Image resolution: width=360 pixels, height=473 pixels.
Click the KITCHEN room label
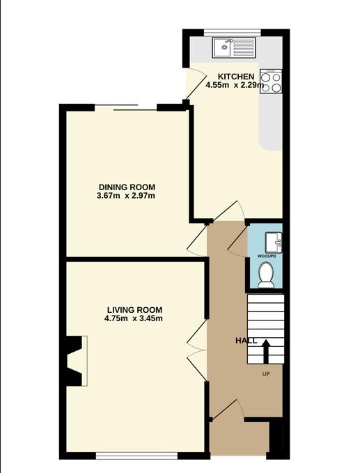coord(236,77)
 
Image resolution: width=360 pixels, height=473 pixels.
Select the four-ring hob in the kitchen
coord(271,81)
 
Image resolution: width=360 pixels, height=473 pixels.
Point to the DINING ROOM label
coord(127,187)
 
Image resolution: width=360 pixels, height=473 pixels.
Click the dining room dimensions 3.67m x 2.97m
coord(126,196)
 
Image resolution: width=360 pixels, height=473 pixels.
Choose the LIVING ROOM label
coord(134,310)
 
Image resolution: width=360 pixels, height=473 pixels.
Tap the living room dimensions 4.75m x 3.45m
coord(134,318)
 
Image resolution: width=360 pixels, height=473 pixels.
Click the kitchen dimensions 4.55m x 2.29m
coord(235,85)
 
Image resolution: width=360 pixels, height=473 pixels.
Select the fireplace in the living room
coord(77,361)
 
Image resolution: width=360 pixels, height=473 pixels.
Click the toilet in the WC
coord(266,274)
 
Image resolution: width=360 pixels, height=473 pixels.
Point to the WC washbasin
coord(274,242)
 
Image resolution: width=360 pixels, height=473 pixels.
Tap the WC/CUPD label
coord(267,256)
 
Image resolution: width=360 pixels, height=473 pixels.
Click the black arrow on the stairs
coord(266,351)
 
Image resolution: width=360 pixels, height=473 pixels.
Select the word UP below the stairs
coord(266,374)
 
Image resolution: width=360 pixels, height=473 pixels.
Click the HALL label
coord(246,341)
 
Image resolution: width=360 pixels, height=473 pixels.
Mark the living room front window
coord(137,456)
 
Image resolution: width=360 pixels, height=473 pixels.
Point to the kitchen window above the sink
coord(232,32)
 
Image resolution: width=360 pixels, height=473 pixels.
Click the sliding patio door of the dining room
coord(126,108)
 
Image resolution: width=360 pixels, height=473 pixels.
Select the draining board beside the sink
coord(244,47)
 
